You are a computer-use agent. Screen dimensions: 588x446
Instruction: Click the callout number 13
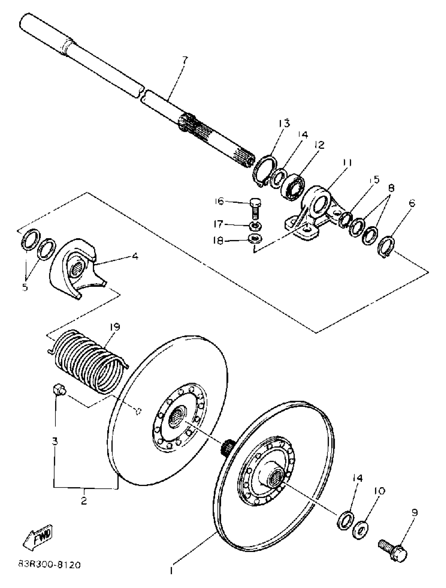tap(284, 123)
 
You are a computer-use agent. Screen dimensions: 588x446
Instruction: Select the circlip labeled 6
tap(387, 246)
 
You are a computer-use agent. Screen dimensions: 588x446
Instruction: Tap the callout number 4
tap(135, 256)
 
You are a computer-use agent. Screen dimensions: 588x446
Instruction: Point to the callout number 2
tap(84, 501)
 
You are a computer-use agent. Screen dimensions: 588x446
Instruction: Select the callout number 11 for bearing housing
tap(346, 162)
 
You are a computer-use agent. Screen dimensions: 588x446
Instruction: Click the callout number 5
tap(25, 287)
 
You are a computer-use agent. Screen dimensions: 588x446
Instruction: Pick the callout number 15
tap(374, 180)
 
